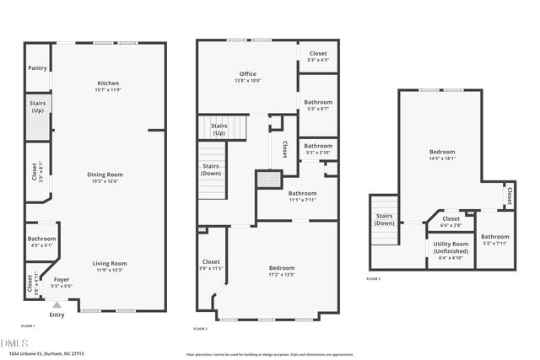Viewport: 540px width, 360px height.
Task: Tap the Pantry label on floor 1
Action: click(x=37, y=68)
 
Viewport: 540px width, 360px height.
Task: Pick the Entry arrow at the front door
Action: click(x=57, y=305)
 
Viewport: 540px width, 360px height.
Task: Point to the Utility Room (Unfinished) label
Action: click(x=450, y=250)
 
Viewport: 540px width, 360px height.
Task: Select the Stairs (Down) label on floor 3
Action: click(x=384, y=220)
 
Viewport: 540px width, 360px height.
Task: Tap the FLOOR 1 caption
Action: click(x=28, y=325)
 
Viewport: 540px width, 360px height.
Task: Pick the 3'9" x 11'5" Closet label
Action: click(x=211, y=264)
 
